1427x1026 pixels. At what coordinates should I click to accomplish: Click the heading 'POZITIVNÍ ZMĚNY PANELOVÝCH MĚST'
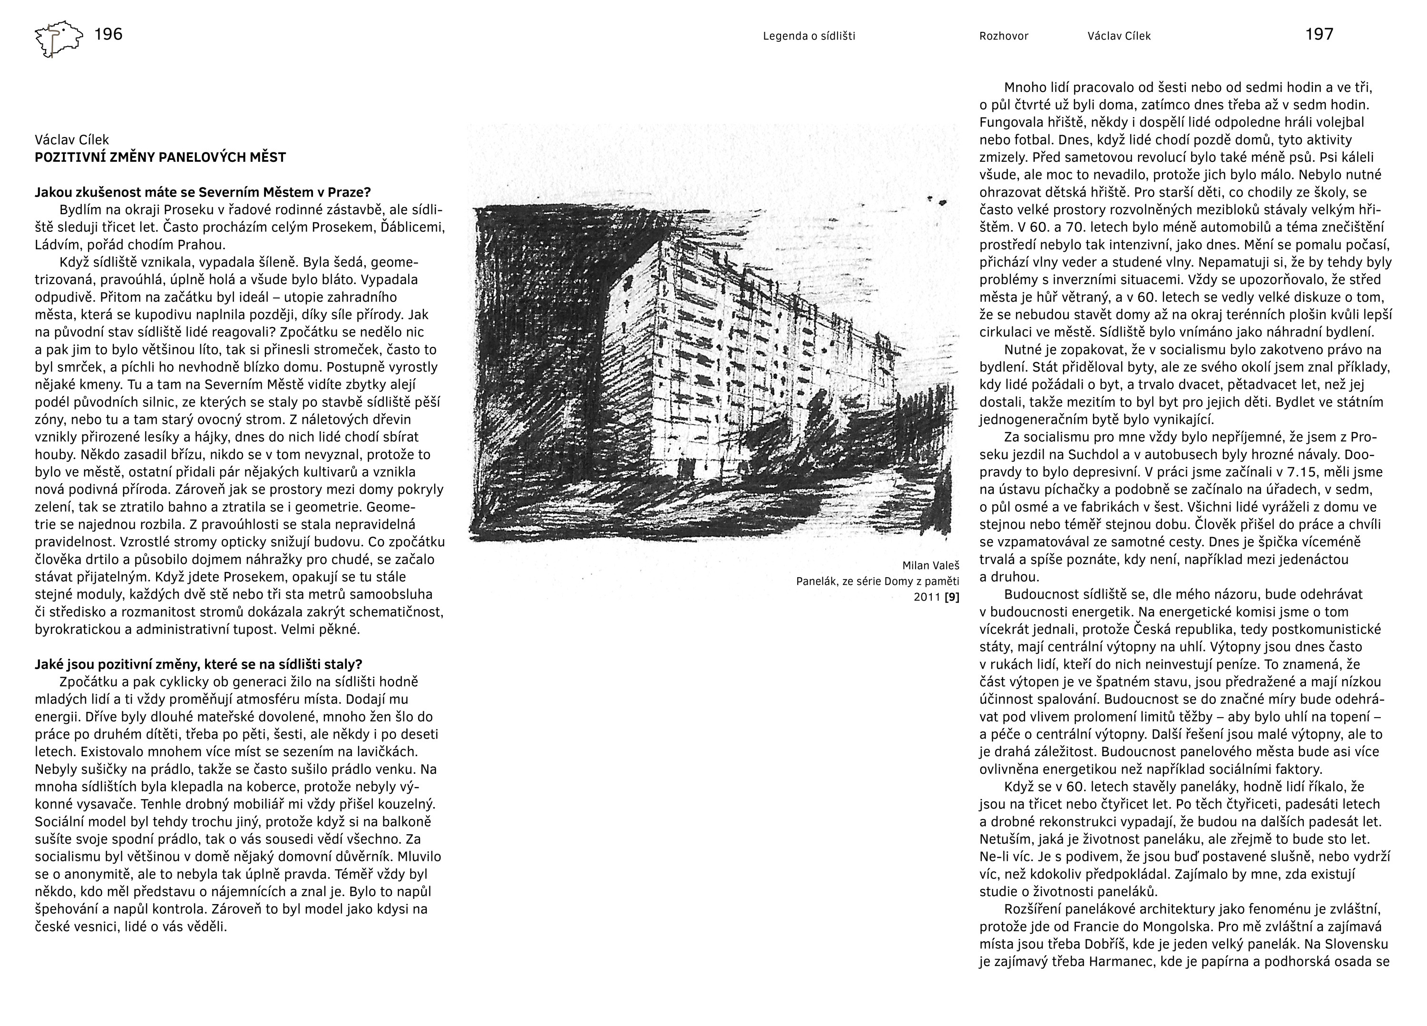[x=160, y=158]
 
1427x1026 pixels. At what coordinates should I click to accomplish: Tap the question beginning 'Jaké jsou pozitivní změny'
[x=198, y=664]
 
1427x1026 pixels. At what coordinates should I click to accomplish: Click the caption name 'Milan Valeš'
[x=930, y=565]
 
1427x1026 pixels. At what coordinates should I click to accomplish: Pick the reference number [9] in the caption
[x=952, y=597]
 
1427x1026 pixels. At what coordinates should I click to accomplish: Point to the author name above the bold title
[x=72, y=140]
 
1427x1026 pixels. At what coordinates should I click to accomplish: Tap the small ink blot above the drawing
[x=942, y=203]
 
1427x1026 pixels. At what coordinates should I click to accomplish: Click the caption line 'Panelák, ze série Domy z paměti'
[x=877, y=581]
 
